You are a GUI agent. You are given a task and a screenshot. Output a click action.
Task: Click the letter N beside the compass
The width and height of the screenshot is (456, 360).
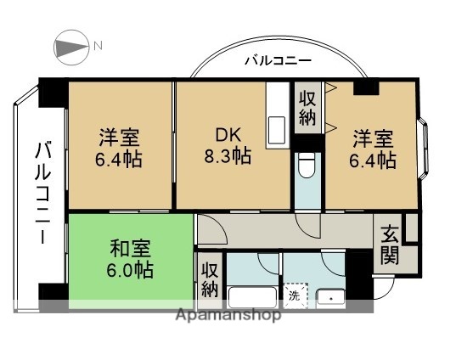click(x=98, y=46)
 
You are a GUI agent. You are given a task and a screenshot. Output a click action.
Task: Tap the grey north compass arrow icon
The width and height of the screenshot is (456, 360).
click(x=71, y=46)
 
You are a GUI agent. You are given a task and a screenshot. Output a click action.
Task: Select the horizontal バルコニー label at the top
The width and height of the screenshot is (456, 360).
click(x=277, y=60)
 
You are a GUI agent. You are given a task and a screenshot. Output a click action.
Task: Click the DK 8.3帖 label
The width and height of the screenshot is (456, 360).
click(x=227, y=146)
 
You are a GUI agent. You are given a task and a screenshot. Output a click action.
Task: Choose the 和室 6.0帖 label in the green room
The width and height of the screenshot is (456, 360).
click(x=131, y=260)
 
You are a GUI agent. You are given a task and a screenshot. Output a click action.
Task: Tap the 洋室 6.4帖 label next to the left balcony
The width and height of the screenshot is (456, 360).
click(x=120, y=147)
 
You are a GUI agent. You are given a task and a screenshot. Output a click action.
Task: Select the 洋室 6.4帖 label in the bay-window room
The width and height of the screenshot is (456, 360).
click(x=373, y=148)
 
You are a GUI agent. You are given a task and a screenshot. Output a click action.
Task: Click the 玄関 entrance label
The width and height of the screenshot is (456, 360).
click(x=390, y=243)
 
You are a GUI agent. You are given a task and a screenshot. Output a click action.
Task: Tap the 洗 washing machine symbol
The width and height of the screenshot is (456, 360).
click(x=295, y=296)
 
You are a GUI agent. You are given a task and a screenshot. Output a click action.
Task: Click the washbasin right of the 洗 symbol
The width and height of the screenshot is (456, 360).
click(x=329, y=297)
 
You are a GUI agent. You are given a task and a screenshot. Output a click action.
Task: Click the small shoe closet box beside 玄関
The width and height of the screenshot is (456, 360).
click(x=411, y=227)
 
